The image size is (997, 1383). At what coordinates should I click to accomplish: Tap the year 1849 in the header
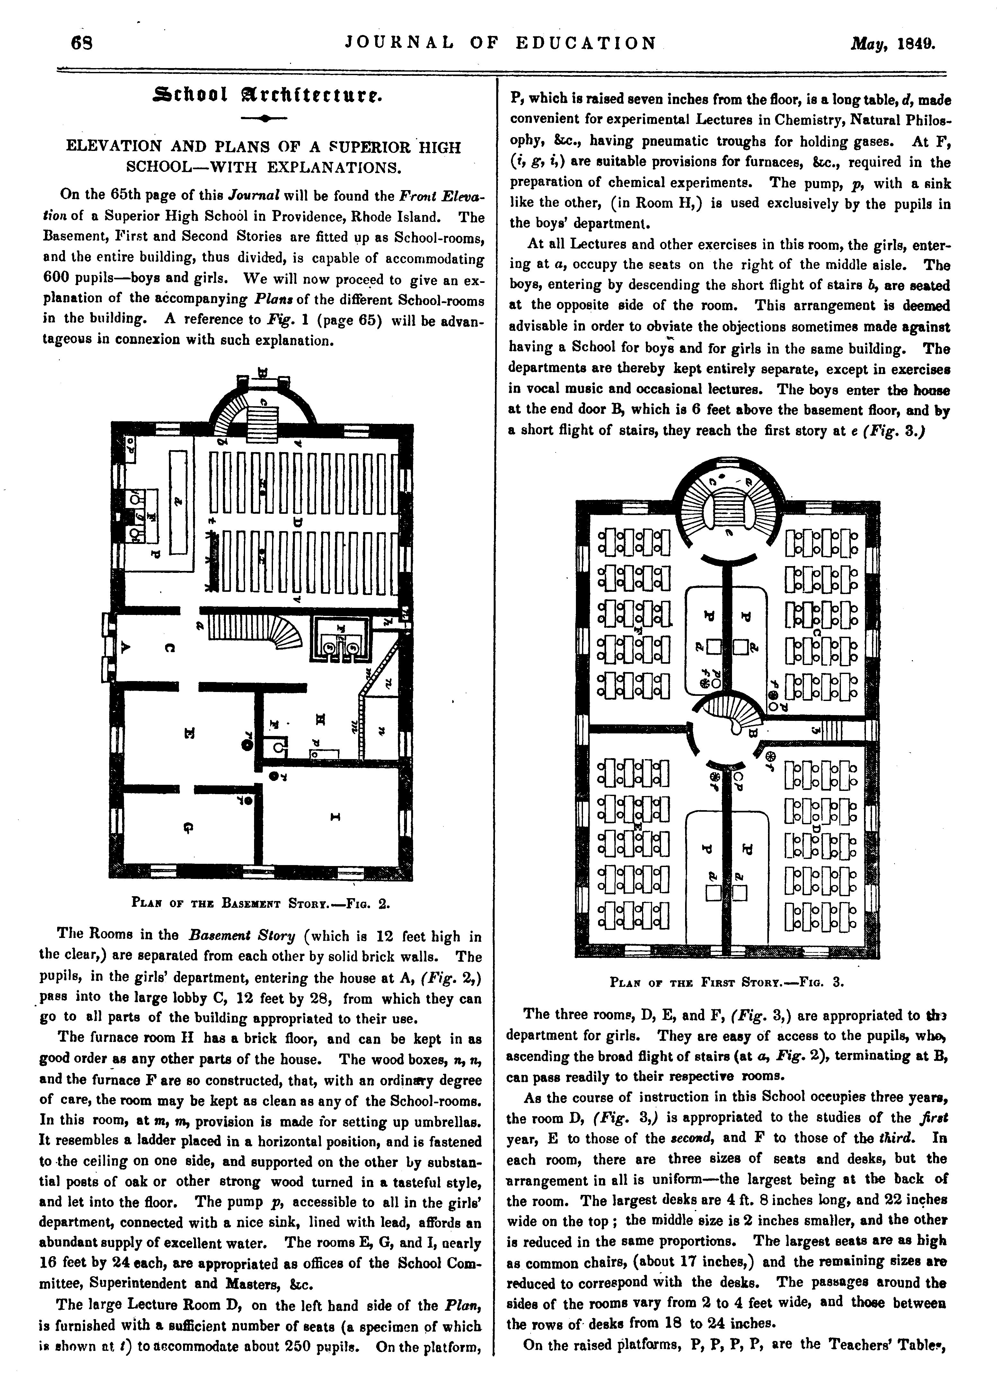915,44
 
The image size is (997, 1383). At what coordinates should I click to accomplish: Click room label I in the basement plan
333,816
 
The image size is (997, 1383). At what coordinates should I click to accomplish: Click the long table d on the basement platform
179,501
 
